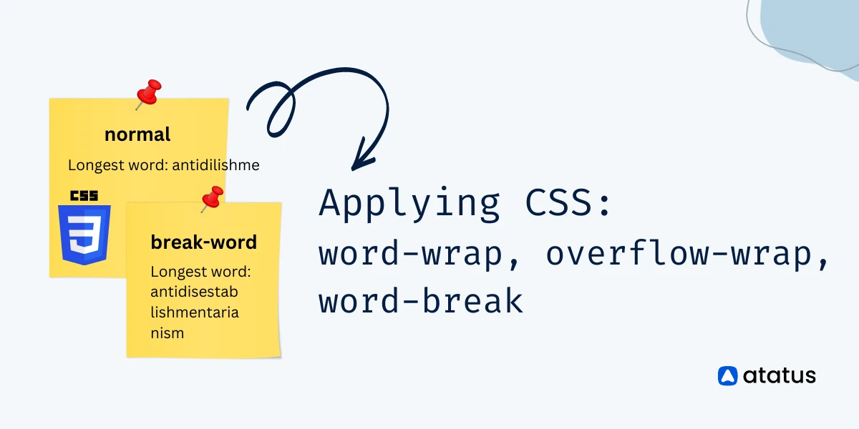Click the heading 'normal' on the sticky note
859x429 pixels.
(137, 134)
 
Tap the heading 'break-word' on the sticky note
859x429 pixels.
(203, 242)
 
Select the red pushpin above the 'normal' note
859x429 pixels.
(149, 93)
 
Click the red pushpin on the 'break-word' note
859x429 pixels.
(212, 197)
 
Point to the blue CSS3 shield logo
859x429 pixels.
(85, 234)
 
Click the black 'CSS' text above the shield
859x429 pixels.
(84, 195)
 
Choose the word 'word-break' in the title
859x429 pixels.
(420, 302)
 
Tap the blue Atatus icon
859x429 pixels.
(727, 375)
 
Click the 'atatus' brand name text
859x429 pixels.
(779, 375)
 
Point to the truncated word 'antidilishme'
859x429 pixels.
(216, 165)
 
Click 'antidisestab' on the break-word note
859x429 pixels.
(194, 292)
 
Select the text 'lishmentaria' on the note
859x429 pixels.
(195, 312)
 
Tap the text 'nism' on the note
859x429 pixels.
(167, 332)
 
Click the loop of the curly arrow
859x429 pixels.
(276, 114)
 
